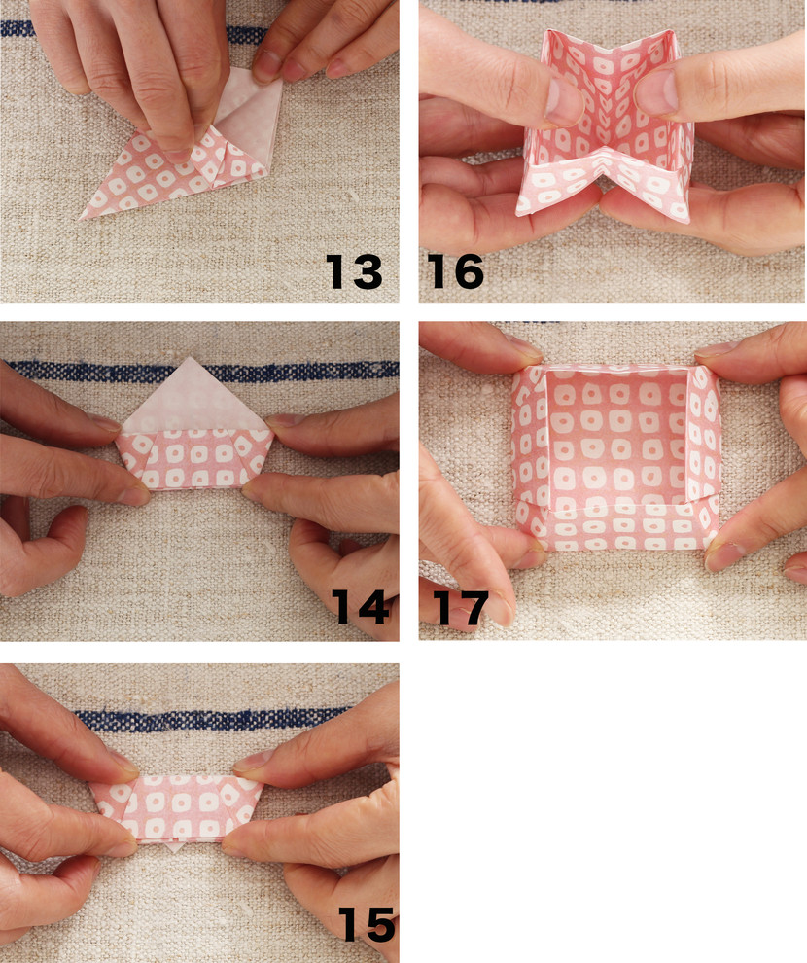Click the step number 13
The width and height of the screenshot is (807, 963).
(354, 271)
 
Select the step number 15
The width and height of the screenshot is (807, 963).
(367, 924)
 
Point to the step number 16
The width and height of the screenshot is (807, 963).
(455, 271)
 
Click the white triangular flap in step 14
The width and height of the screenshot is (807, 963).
(193, 397)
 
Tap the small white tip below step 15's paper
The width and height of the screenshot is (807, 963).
(175, 847)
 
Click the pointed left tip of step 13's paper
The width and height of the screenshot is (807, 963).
(81, 218)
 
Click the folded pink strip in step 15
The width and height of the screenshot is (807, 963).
(177, 807)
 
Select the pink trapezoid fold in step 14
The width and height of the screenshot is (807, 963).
(194, 459)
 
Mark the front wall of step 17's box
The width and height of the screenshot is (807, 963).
(617, 526)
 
